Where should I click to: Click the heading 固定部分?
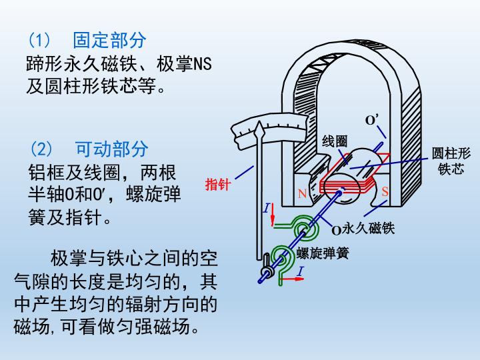(x=109, y=41)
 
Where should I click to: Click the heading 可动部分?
(x=111, y=149)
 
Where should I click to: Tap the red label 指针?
(x=217, y=185)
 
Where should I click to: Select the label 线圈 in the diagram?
(x=335, y=141)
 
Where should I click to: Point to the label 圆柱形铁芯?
(x=451, y=161)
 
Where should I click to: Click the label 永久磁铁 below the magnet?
(x=369, y=229)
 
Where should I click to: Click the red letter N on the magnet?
(x=302, y=194)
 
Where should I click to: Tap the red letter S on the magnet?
(x=385, y=191)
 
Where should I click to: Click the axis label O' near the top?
(x=371, y=120)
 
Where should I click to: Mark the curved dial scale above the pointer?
(x=267, y=126)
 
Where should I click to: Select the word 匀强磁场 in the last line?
(x=150, y=327)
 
